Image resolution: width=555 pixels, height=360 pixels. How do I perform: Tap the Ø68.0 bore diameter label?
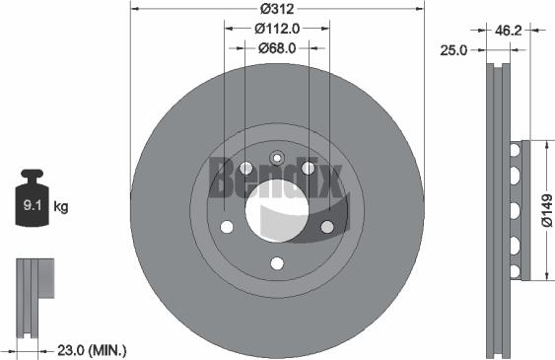coord(278,47)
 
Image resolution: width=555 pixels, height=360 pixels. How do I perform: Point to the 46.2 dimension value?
coord(509,31)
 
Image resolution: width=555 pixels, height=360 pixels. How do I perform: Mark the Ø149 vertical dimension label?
coord(545,209)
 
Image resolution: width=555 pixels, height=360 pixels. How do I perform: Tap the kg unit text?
coord(61,207)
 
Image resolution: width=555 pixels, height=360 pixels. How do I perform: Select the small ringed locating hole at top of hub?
coord(277,157)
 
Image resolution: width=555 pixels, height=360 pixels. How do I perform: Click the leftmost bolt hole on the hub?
coord(227,227)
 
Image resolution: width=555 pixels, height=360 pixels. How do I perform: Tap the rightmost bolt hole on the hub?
coord(327,227)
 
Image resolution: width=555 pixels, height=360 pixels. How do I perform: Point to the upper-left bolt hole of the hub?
coord(245,168)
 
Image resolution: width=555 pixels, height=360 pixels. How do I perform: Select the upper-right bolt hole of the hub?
coord(309,168)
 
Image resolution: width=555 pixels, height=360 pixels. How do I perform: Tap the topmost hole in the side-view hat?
coord(514,150)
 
